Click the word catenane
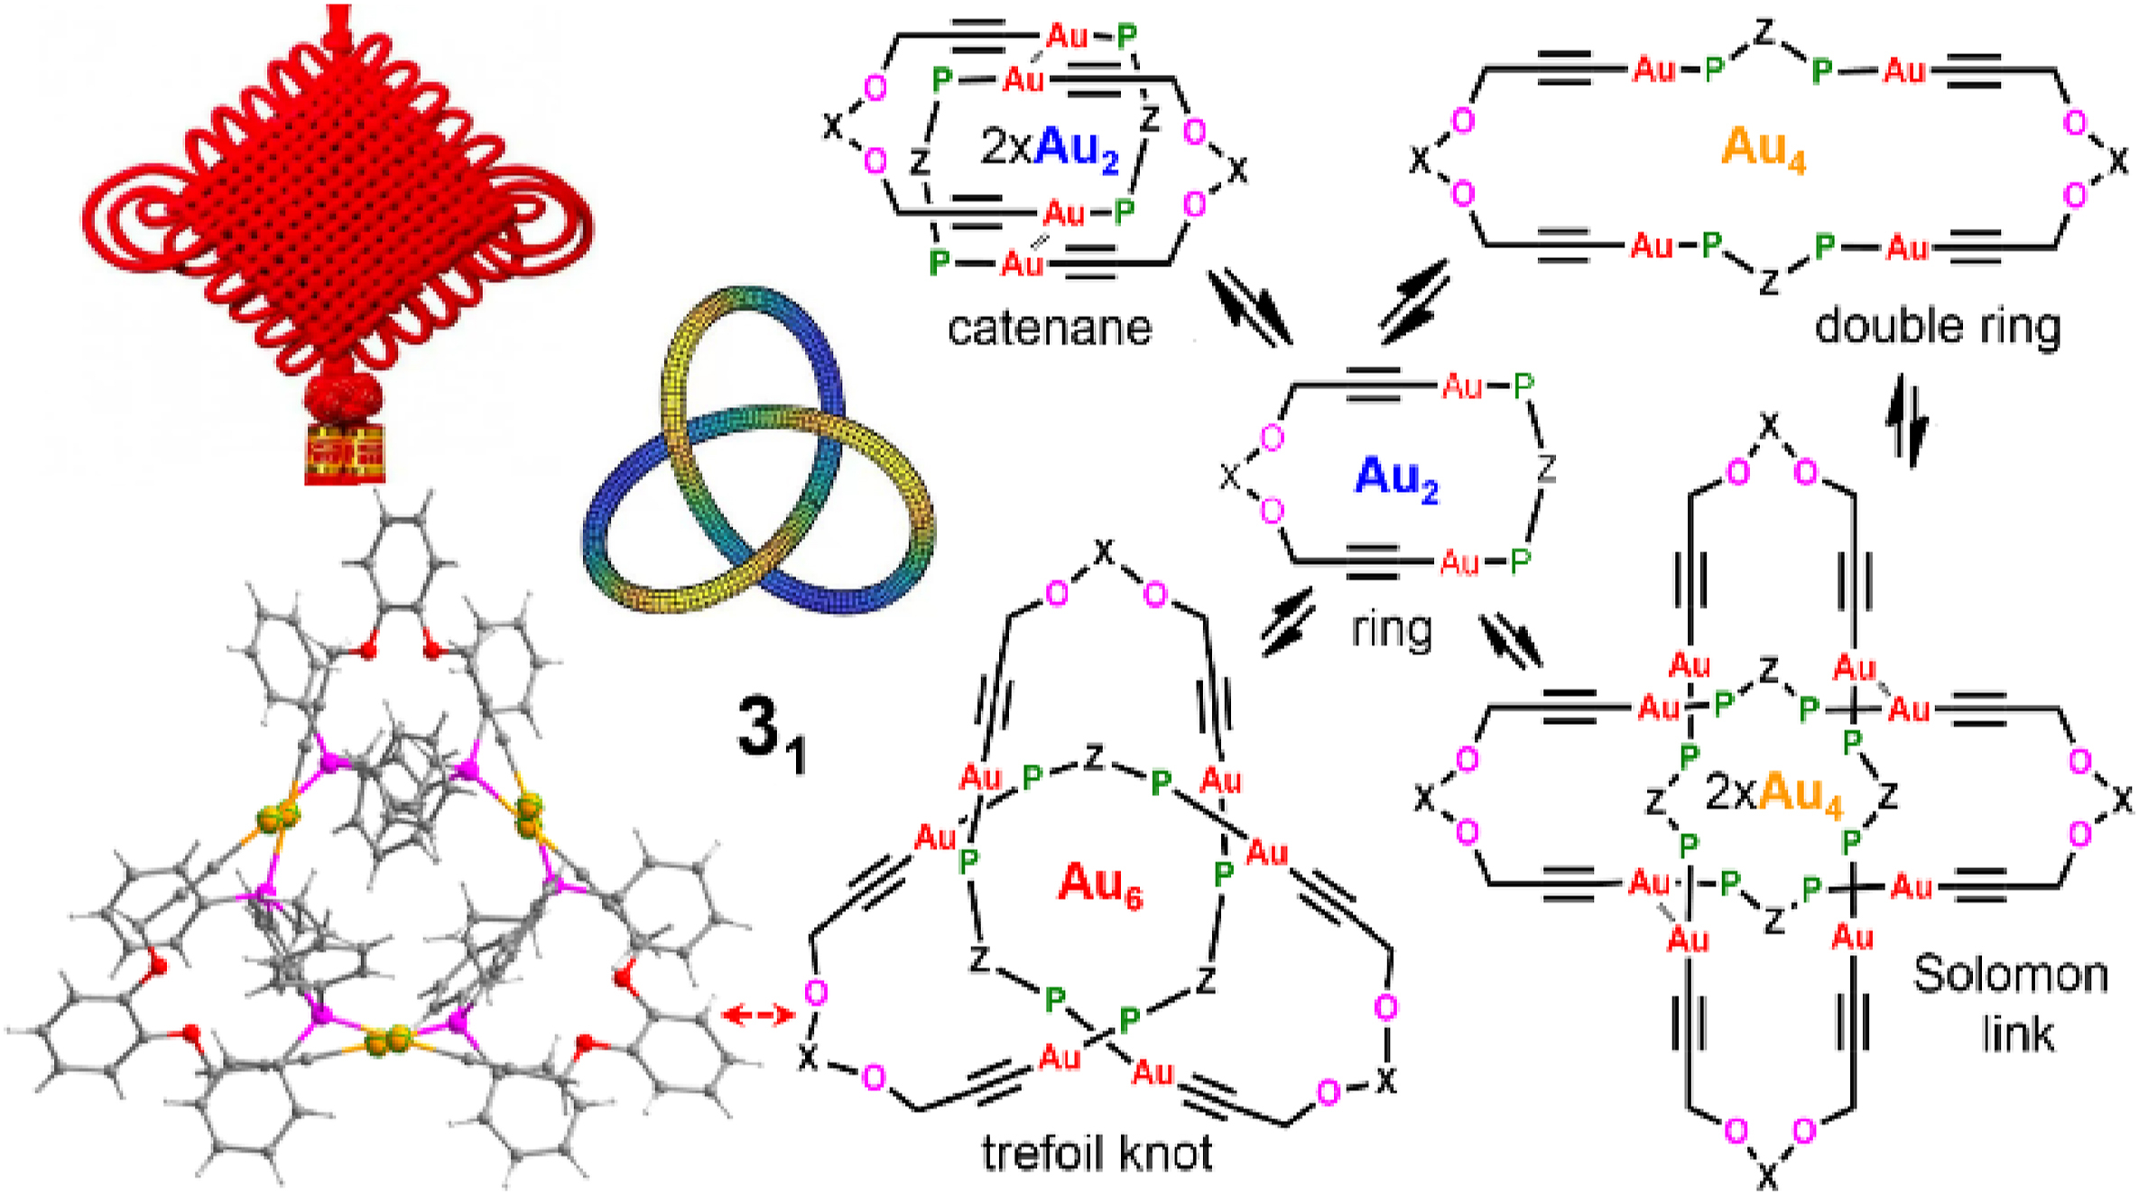pos(1049,328)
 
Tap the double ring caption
pos(1937,326)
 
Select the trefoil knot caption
pos(1097,1153)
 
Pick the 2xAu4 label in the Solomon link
pos(1773,793)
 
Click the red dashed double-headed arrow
pos(758,1014)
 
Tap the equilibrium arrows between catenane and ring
pos(1250,308)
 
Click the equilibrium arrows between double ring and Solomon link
pos(1905,421)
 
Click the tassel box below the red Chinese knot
pos(346,456)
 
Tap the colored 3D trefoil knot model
pos(758,451)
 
